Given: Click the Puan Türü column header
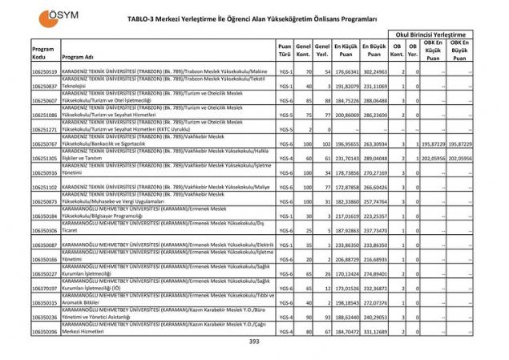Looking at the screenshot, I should (x=285, y=51).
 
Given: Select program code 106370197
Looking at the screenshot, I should (x=44, y=288).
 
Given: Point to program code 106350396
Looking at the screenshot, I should (x=44, y=331).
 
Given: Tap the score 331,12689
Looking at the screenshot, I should (x=374, y=331).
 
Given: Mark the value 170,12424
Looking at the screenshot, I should (x=345, y=273).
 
